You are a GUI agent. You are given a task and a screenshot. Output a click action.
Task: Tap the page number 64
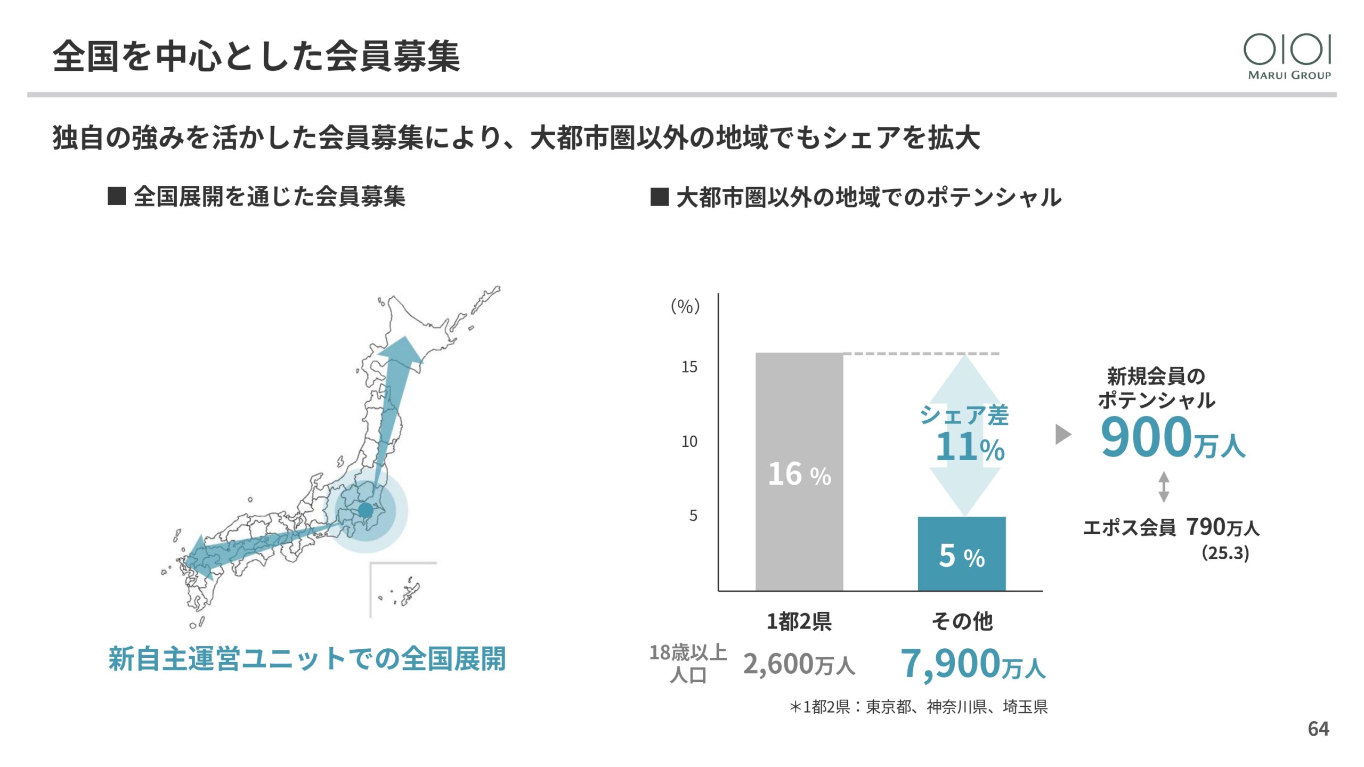1318,729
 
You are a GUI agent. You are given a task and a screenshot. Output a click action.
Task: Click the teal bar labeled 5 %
961,553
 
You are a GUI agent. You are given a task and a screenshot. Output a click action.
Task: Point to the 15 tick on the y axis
689,367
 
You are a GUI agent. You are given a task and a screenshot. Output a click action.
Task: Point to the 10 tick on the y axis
689,442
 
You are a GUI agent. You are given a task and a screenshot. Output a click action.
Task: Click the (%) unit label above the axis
685,306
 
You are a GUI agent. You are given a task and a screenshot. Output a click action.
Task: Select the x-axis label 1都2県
799,622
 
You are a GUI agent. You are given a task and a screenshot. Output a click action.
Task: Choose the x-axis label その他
962,622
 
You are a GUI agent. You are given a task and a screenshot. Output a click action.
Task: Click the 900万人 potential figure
1172,438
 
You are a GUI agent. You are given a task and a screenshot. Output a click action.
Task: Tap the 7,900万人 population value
972,664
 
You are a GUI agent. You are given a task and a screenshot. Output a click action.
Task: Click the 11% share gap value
970,447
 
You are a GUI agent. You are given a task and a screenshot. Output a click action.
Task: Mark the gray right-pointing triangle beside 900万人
1062,434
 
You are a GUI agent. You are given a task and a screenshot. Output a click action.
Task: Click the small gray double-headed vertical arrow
1164,487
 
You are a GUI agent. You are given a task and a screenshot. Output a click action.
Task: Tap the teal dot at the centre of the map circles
366,510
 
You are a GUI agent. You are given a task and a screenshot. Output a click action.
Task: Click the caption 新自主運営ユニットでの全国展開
307,659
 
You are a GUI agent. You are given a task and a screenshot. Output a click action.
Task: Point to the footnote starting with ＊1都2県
919,707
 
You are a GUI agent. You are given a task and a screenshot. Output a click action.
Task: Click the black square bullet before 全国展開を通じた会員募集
117,196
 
